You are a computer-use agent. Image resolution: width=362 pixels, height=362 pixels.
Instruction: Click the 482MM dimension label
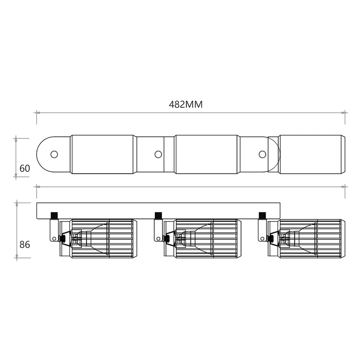[x=186, y=105]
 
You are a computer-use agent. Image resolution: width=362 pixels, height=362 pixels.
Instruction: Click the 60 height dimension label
[x=25, y=168]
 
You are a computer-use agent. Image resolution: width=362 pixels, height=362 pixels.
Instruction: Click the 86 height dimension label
[x=25, y=245]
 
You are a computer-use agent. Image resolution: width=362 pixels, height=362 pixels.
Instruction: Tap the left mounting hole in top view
[x=54, y=154]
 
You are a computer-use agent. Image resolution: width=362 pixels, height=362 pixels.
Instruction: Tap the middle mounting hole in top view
[x=158, y=154]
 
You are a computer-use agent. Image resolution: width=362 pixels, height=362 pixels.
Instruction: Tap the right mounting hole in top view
[x=262, y=154]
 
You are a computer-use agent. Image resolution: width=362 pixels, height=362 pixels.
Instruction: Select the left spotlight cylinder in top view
[x=103, y=154]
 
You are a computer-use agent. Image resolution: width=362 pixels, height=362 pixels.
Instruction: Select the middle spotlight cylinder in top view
[x=207, y=154]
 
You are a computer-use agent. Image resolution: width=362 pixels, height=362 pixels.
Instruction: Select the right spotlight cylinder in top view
[x=311, y=154]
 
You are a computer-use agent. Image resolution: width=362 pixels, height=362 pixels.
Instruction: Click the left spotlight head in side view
[x=102, y=238]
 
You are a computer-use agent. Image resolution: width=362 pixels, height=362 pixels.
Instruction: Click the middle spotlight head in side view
[x=206, y=238]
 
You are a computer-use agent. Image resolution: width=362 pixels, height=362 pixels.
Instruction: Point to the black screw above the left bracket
[x=54, y=215]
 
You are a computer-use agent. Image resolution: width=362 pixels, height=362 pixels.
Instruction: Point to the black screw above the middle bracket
[x=158, y=215]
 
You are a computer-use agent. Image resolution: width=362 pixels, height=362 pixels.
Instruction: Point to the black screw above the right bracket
[x=262, y=215]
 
